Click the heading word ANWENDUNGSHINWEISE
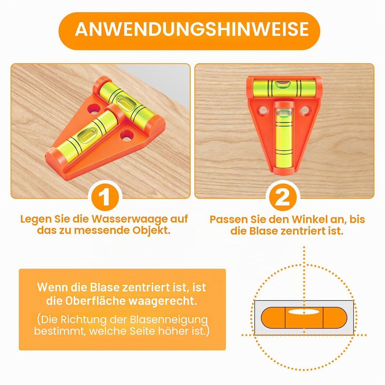tap(192, 29)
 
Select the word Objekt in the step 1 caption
tap(152, 230)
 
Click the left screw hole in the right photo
tap(263, 110)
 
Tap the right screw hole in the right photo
tap(305, 110)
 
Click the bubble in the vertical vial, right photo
tap(283, 114)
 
